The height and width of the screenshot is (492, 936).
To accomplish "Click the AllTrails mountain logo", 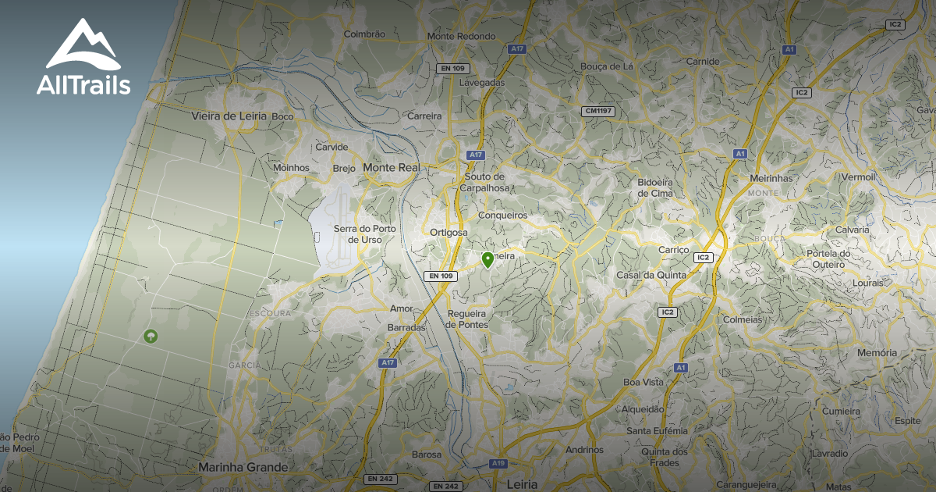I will [x=83, y=45].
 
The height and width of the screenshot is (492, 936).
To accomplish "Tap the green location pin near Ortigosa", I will [x=488, y=260].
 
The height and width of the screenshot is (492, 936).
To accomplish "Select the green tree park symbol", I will [x=150, y=337].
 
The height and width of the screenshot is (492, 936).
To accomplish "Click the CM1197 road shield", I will [x=598, y=112].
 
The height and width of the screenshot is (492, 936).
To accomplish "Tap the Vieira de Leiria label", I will [x=229, y=116].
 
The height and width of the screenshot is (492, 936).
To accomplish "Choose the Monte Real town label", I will [x=392, y=168].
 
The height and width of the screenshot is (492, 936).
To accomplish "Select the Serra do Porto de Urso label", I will [x=365, y=234].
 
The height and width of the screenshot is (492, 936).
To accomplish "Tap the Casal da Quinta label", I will [x=651, y=275].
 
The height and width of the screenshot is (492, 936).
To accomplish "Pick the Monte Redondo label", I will [x=461, y=37].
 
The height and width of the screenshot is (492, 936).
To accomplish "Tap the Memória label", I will [x=877, y=353].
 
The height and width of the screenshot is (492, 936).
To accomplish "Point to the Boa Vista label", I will [x=643, y=382].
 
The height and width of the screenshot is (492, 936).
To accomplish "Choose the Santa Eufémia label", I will [x=658, y=430].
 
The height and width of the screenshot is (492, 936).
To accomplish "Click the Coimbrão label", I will [x=364, y=34].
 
